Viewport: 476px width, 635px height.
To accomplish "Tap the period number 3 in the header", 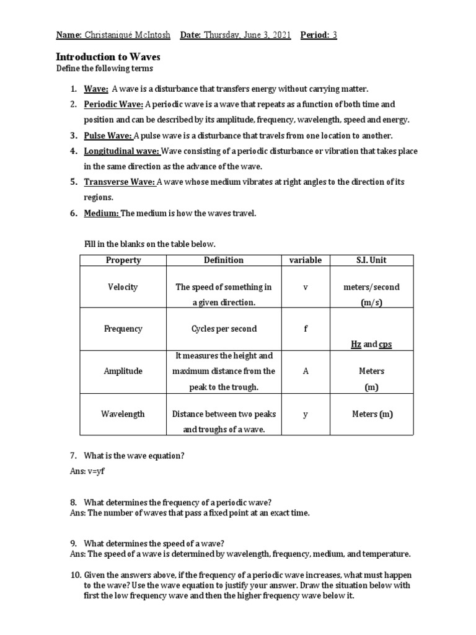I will [x=335, y=35].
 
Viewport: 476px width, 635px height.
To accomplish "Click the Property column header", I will [x=123, y=260].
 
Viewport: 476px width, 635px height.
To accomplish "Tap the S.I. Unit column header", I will [x=372, y=260].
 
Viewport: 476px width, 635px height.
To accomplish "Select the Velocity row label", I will [x=123, y=287].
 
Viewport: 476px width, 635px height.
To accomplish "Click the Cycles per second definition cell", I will [x=224, y=329].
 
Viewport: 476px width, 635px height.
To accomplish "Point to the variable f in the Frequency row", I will [x=305, y=329].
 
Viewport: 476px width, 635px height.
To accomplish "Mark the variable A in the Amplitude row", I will [x=305, y=371].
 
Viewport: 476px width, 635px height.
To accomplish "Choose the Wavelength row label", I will [x=123, y=414].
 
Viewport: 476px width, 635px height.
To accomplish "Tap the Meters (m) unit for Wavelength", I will [x=372, y=414].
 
